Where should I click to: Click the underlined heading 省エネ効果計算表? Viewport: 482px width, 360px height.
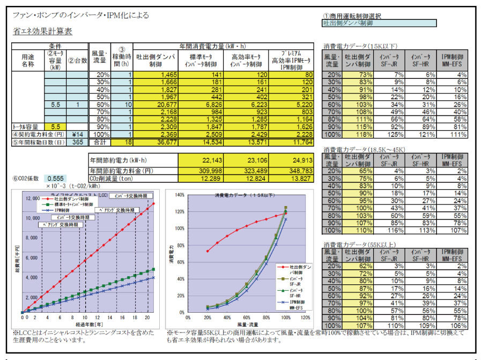click(42, 32)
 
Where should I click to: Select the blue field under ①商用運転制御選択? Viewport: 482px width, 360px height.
click(380, 23)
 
